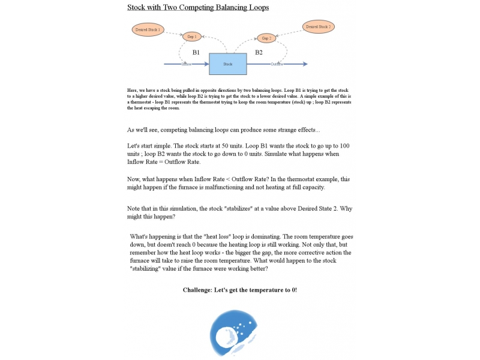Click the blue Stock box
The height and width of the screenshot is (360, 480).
227,64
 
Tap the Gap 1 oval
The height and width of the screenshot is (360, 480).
192,37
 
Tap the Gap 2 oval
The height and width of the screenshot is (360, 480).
267,38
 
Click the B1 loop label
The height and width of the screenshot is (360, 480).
196,53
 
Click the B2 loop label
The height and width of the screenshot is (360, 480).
259,53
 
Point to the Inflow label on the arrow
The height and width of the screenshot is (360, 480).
187,64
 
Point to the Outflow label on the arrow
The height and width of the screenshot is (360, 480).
277,64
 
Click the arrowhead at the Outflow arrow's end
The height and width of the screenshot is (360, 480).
305,64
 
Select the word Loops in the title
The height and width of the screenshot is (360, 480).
257,7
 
